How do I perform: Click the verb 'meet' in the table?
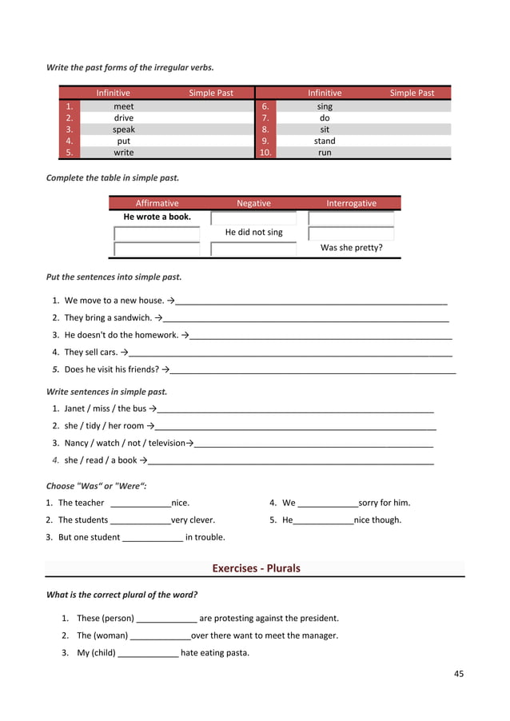[124, 106]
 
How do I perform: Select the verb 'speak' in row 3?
[124, 129]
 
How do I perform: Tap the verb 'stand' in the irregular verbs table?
[325, 141]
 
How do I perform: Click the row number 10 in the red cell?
[266, 153]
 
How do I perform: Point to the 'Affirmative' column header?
[157, 203]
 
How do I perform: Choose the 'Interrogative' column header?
[351, 203]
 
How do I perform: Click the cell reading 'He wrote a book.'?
[157, 217]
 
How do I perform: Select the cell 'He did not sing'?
[253, 233]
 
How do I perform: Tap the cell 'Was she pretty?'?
[351, 248]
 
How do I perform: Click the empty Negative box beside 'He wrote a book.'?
[253, 217]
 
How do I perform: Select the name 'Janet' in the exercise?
[75, 408]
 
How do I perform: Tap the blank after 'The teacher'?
[140, 504]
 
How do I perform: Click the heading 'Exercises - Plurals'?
[256, 568]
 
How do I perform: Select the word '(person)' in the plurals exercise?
[118, 618]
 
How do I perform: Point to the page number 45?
[459, 674]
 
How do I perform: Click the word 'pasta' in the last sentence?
[237, 653]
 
